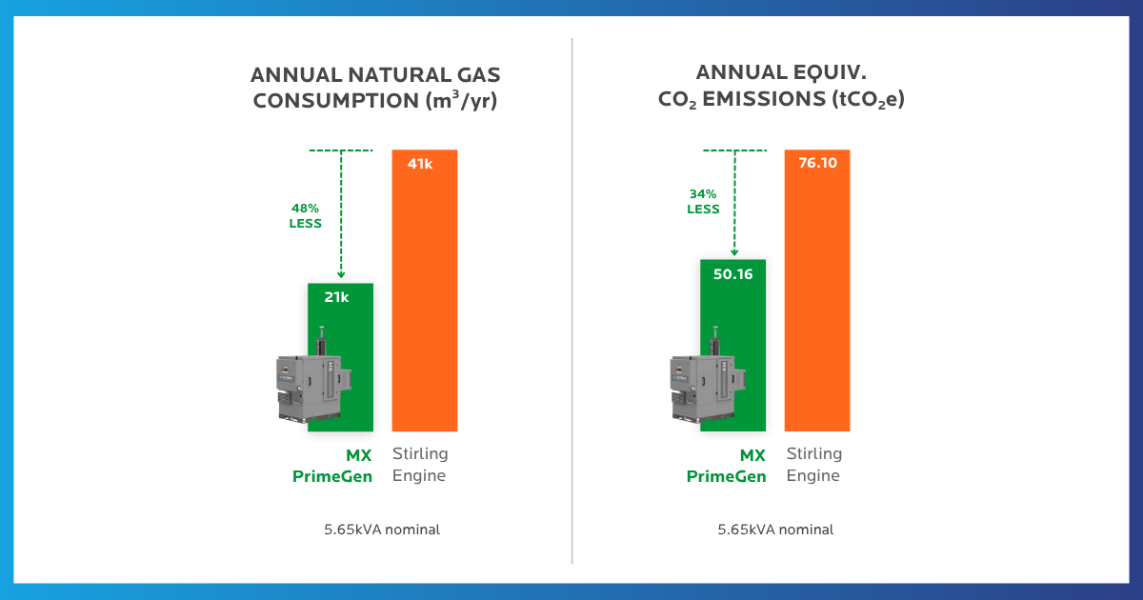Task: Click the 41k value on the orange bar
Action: coord(420,163)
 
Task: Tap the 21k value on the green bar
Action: coord(335,297)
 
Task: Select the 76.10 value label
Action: coord(816,163)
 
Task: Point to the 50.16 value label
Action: coord(732,274)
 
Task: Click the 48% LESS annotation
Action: coord(306,215)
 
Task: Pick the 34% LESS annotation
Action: coord(704,202)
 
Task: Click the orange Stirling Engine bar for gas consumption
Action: coord(425,305)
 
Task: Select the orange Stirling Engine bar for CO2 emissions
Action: coord(817,305)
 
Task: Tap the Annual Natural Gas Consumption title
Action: coord(375,88)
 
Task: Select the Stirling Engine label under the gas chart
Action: coord(420,465)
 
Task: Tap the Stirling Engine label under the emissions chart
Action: coord(814,465)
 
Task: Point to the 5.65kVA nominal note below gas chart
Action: coord(382,530)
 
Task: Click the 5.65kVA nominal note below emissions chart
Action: coord(775,530)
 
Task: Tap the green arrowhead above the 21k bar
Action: coord(340,275)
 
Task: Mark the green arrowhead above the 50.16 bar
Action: coord(733,251)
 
